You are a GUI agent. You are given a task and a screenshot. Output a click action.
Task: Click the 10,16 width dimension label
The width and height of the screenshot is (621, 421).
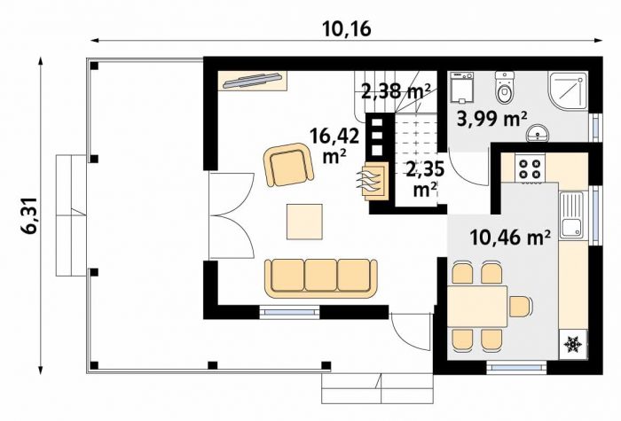(x=347, y=28)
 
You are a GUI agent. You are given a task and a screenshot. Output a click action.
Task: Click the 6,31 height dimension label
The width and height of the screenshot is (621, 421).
(x=31, y=216)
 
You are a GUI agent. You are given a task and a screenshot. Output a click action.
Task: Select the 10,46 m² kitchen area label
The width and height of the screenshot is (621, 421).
(x=510, y=238)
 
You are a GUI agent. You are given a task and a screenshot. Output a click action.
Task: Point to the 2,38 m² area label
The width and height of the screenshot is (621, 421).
(x=396, y=93)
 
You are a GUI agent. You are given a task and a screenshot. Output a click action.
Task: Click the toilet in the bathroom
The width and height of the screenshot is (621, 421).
(x=505, y=87)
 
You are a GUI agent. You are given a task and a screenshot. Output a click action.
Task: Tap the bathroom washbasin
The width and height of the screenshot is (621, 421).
(x=537, y=132)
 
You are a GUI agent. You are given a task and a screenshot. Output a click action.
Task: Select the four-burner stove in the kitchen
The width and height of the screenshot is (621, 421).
(x=530, y=168)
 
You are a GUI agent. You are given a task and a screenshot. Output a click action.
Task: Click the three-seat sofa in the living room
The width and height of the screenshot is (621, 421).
(x=320, y=277)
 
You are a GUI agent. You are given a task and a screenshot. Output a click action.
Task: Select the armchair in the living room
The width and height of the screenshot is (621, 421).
(x=288, y=165)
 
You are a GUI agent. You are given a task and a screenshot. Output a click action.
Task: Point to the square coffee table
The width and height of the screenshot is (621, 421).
(x=304, y=222)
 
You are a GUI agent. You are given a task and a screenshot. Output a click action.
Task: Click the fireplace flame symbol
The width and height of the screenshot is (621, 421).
(x=371, y=181)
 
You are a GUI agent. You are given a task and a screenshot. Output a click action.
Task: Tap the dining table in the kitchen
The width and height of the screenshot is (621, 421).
(x=477, y=307)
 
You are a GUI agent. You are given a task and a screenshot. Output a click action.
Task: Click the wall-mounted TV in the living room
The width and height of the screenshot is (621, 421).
(x=252, y=81)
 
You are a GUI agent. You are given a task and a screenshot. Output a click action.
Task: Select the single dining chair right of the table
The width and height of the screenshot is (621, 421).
(x=521, y=307)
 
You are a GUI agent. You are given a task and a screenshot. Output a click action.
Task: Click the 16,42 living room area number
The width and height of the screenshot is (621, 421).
(x=334, y=136)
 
